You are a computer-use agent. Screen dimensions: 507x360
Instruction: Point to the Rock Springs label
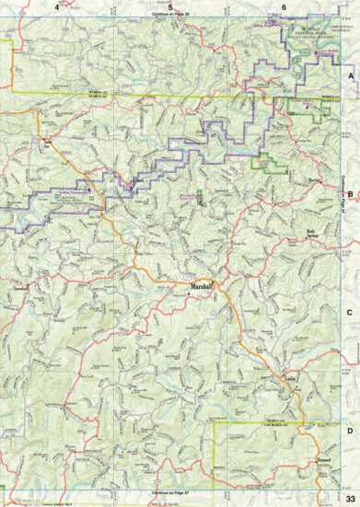tap(316, 235)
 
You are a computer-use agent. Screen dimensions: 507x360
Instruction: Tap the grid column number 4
tap(57, 7)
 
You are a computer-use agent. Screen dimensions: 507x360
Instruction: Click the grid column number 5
tap(170, 7)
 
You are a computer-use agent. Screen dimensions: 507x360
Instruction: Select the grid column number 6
tap(285, 7)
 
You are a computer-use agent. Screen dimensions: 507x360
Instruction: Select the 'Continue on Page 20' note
tap(172, 16)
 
